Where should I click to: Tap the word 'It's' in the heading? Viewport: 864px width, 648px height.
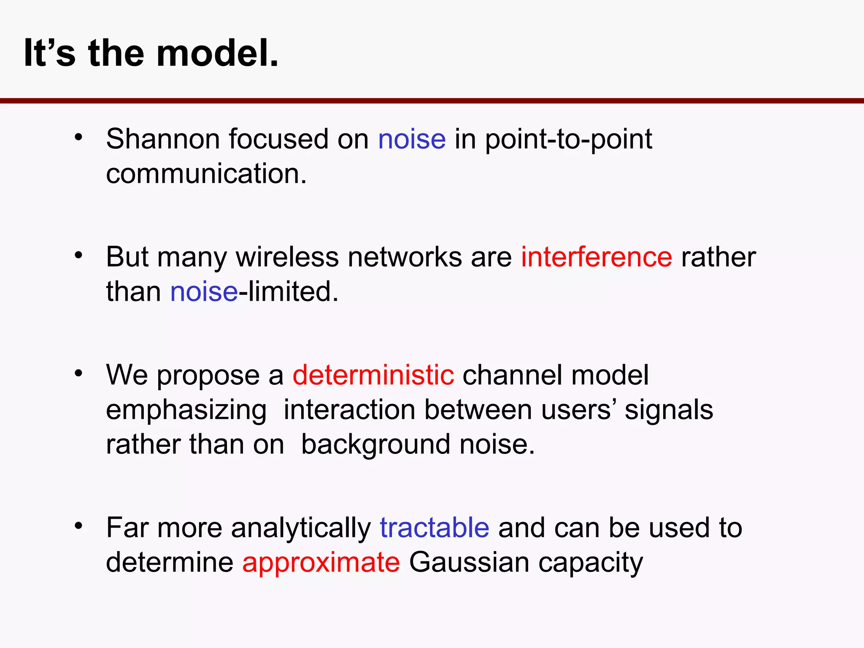point(49,53)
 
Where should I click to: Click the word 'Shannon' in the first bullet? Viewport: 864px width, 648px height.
point(163,139)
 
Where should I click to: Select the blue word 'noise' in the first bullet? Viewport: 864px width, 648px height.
point(412,139)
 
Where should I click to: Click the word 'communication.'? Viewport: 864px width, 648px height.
point(206,173)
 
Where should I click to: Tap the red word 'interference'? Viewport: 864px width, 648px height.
point(596,257)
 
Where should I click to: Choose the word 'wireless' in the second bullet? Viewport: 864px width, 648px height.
point(287,257)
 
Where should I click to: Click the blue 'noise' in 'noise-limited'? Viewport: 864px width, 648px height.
point(204,292)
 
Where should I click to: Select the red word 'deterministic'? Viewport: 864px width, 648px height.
point(373,375)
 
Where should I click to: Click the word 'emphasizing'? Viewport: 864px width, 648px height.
point(186,410)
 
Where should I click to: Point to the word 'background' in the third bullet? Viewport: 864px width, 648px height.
point(375,445)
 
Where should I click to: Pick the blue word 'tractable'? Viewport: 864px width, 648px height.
point(435,528)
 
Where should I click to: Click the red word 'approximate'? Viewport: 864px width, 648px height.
point(321,562)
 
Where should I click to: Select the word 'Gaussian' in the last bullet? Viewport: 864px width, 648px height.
point(469,562)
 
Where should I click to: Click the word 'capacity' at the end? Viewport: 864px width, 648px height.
point(591,563)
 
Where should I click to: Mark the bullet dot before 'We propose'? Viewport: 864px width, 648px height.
point(78,373)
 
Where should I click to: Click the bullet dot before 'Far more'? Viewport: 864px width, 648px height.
point(78,526)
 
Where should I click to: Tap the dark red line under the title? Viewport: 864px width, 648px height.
point(432,101)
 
